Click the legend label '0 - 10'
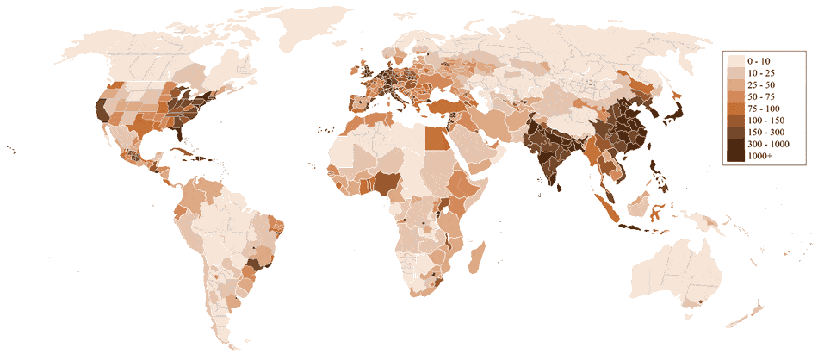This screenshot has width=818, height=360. pyautogui.click(x=760, y=61)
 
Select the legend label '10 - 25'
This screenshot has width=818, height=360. pyautogui.click(x=763, y=74)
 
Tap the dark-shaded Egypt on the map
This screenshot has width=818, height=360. pyautogui.click(x=438, y=137)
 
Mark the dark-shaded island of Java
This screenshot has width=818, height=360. pyautogui.click(x=641, y=227)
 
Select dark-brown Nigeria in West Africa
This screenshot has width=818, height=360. pyautogui.click(x=387, y=183)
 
